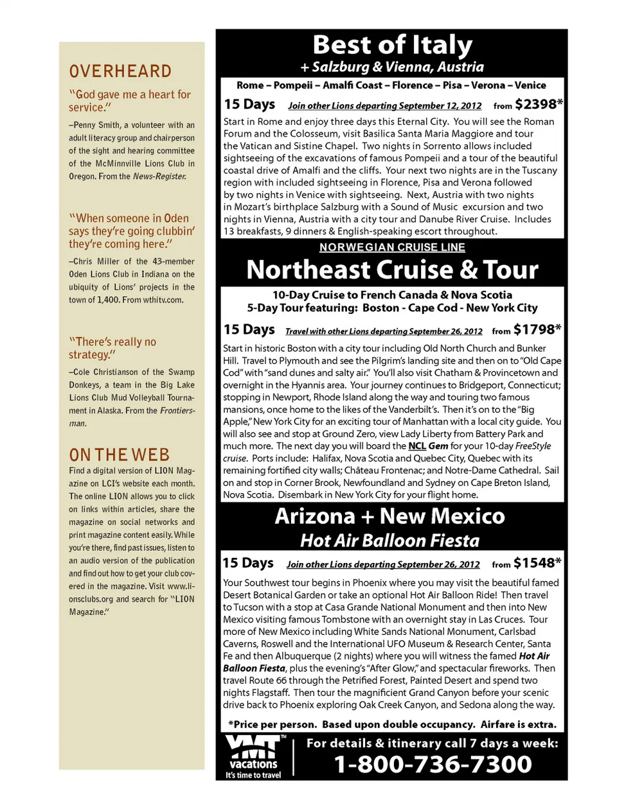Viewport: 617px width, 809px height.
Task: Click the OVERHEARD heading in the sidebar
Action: tap(120, 71)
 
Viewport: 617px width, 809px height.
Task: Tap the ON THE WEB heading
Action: tap(120, 455)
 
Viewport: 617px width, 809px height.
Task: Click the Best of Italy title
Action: tap(392, 45)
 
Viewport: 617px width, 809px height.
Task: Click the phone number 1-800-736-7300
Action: tap(433, 764)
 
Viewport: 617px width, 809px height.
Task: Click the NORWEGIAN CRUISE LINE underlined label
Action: tap(392, 247)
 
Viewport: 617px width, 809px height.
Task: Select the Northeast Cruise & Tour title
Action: tap(392, 270)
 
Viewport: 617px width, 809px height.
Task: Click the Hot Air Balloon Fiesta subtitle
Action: tap(389, 541)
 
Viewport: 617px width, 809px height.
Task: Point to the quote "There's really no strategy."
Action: tap(112, 348)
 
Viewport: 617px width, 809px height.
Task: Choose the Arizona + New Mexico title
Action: tap(389, 516)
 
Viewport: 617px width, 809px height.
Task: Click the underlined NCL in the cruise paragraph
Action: tap(417, 446)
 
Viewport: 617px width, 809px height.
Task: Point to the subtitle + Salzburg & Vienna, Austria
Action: tap(392, 67)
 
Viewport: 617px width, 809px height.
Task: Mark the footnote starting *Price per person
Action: tap(392, 724)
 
